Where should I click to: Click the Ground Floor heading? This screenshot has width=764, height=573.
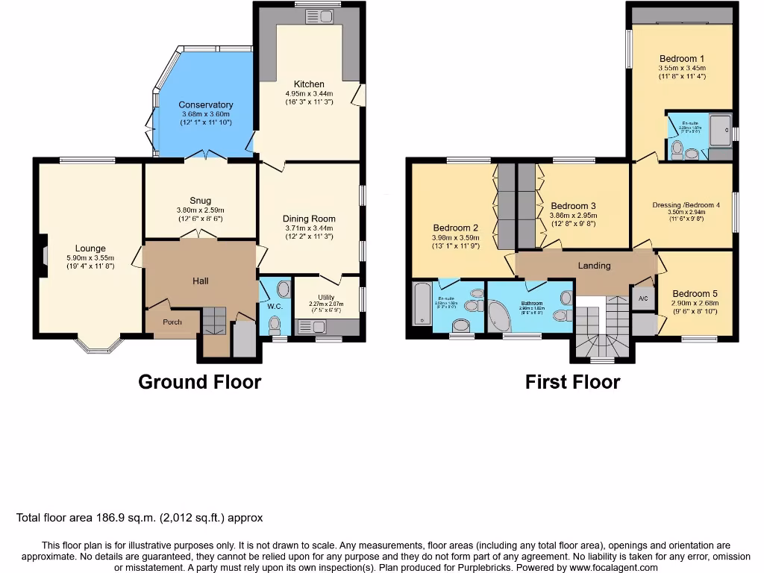pos(199,382)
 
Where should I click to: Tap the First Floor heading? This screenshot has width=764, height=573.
pos(572,382)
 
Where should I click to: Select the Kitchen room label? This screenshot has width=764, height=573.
pos(309,84)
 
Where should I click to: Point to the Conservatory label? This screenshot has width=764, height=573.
pos(205,105)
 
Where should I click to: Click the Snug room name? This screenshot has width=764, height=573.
pos(200,201)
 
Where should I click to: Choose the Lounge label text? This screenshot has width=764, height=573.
pos(90,248)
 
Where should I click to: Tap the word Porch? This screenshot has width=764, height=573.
pos(172,322)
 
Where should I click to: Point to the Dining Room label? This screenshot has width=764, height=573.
pos(309,219)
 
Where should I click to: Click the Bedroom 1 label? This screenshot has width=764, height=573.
pos(681,59)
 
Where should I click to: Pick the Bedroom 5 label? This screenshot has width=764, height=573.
pos(694,293)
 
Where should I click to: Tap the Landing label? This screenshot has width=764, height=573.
pos(594,266)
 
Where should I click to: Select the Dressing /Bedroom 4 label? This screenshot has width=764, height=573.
pos(686,205)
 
